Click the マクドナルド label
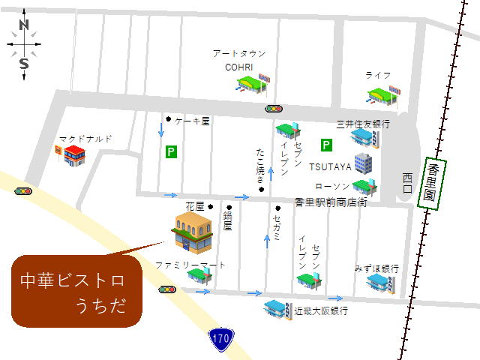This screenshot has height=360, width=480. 85,139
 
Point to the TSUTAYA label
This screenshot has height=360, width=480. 329,166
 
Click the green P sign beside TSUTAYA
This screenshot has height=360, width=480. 326,145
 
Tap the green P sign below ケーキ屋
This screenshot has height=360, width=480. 171,152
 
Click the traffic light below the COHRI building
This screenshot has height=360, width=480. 274,109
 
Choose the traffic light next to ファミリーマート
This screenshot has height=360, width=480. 166,289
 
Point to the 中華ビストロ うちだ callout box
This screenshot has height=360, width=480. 76,291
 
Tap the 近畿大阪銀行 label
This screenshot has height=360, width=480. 320,310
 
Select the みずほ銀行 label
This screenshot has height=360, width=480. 377,268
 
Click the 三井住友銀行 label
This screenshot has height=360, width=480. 363,123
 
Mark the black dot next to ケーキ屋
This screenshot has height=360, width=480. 169,118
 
